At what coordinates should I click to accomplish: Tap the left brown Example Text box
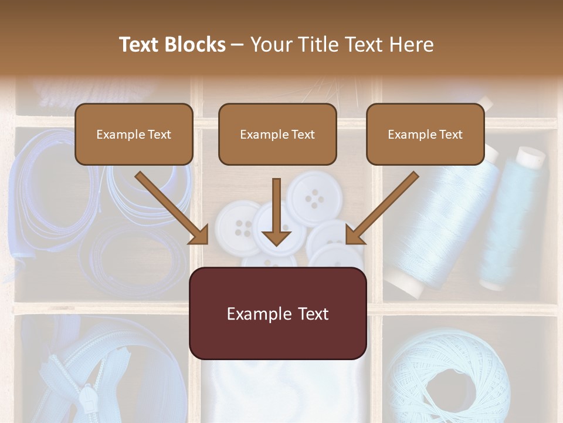[134, 134]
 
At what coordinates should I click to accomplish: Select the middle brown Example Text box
[277, 134]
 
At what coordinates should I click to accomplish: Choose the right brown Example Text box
[425, 134]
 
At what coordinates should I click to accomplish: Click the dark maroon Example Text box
[277, 313]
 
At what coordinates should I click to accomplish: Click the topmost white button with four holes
[314, 198]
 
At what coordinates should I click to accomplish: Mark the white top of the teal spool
[531, 155]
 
